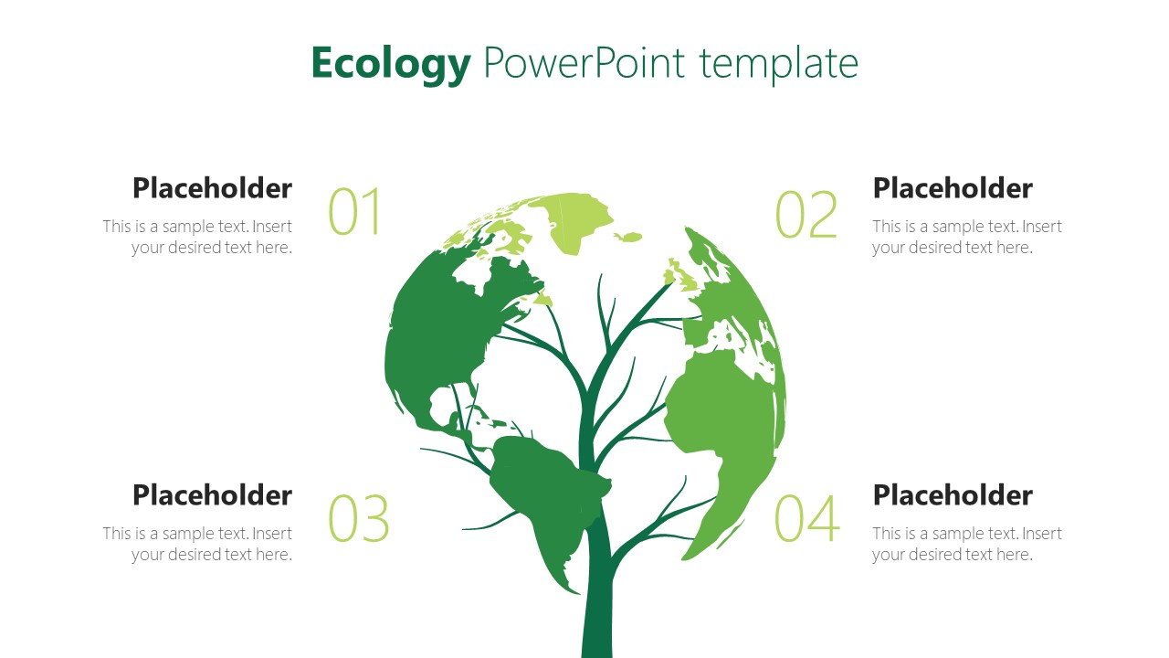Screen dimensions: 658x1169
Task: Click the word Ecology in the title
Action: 390,64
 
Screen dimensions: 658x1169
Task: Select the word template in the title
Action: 779,64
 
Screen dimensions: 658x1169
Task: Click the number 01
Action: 354,213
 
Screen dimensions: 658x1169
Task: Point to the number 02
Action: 806,215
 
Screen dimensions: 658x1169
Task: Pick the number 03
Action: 358,519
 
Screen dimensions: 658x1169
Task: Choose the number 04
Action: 806,519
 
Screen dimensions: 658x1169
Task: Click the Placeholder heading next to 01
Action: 212,188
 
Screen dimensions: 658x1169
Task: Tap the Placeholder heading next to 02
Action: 953,188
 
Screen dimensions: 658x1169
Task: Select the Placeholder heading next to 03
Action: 212,495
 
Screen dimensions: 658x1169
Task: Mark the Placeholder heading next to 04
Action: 953,495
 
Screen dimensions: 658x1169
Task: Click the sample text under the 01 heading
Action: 198,237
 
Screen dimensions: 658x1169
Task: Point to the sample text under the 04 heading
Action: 966,544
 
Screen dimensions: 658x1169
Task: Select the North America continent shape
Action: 438,338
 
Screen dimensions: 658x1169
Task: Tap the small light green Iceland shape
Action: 627,238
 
